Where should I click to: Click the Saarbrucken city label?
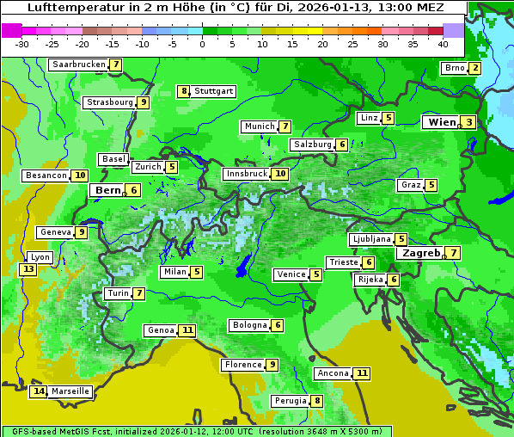(x=78, y=65)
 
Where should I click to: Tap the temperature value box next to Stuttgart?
(x=183, y=91)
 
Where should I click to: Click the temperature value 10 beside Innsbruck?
(x=280, y=174)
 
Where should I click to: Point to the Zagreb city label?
(x=421, y=253)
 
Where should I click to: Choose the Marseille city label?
(x=70, y=391)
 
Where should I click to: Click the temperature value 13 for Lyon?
(x=28, y=269)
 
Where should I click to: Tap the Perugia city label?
(x=290, y=401)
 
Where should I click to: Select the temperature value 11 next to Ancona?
(x=362, y=373)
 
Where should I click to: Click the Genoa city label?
(x=161, y=330)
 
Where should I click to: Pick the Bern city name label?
(x=108, y=190)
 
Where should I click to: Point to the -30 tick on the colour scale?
(x=22, y=44)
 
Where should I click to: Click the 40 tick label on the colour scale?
(x=443, y=44)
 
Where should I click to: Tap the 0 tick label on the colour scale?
(x=202, y=44)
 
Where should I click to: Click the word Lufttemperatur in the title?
(x=71, y=8)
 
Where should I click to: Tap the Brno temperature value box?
(x=474, y=69)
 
